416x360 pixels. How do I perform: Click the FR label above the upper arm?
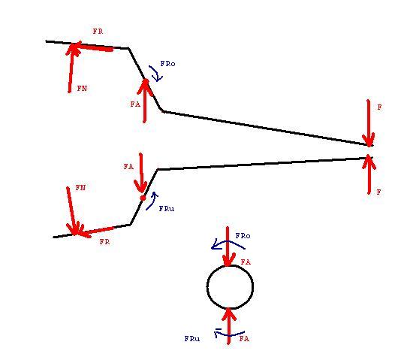(98, 32)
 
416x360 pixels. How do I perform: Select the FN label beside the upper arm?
(82, 88)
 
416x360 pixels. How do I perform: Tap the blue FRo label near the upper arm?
(167, 64)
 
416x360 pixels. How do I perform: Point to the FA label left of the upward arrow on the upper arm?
(135, 104)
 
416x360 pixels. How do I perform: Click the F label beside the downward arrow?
(379, 107)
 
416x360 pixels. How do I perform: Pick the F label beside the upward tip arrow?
(379, 192)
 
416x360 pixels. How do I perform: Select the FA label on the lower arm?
(128, 167)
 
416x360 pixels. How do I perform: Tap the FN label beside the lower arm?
(80, 188)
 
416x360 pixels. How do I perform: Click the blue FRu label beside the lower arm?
(167, 209)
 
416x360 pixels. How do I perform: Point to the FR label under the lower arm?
(104, 241)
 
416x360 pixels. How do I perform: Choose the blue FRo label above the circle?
(243, 236)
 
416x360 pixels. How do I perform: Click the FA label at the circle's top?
(246, 262)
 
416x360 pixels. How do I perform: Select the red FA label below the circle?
(244, 338)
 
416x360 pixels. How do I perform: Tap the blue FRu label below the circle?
(192, 339)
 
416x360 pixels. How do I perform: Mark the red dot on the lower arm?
(143, 198)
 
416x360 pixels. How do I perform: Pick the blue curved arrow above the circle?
(228, 241)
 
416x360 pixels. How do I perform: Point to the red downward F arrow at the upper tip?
(368, 123)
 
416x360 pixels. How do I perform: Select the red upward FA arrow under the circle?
(229, 326)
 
